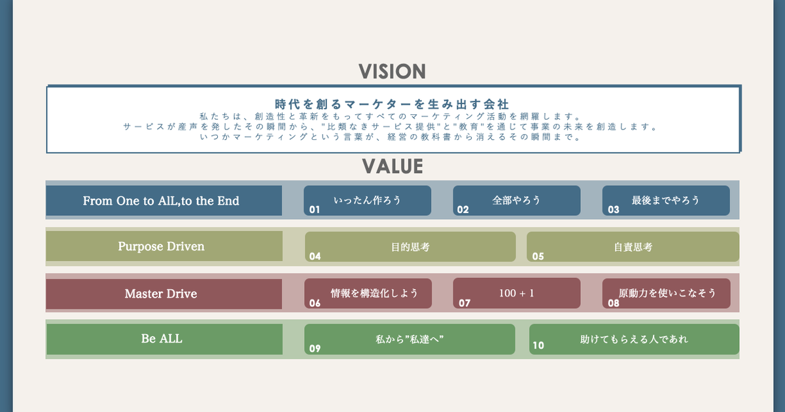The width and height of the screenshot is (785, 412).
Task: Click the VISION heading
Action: tap(392, 72)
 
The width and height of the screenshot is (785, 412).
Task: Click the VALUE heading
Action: tap(392, 167)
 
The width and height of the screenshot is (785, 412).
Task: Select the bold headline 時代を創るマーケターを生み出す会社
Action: tap(392, 104)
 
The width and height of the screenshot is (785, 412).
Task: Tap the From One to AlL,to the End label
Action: tap(161, 201)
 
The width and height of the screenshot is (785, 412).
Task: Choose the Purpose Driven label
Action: tap(161, 247)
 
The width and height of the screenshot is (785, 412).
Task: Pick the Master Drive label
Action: tap(161, 294)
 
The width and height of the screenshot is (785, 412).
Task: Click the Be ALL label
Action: tap(162, 339)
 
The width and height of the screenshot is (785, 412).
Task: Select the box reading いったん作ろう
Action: tap(367, 200)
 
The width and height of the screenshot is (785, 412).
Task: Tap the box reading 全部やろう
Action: tap(517, 200)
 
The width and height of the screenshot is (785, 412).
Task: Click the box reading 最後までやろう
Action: tap(666, 200)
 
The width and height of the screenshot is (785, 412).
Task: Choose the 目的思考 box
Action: tap(410, 247)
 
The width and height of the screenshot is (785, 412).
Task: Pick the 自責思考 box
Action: tap(633, 247)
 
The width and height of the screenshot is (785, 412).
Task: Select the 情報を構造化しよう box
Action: tap(374, 293)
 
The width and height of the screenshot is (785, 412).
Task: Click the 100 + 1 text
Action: tap(517, 293)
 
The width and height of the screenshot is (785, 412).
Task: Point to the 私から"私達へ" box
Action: tap(410, 339)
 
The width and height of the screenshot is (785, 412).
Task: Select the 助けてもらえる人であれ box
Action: tap(634, 339)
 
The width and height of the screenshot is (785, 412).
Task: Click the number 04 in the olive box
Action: tap(315, 256)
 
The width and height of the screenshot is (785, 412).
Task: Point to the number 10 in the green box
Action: tap(538, 346)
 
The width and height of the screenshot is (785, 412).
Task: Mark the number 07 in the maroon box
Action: tap(464, 303)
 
